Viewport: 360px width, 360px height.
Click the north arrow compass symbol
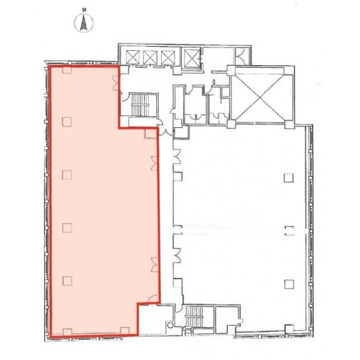[84, 22]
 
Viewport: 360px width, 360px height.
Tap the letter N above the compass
[85, 10]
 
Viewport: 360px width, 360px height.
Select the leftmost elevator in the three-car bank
[133, 57]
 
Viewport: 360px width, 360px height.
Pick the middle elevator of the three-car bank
[150, 57]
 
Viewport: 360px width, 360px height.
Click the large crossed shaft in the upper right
[262, 97]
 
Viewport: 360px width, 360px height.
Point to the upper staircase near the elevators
[140, 105]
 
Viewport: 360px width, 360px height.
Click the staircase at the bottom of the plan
[194, 317]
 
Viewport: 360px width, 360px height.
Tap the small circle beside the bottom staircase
[170, 325]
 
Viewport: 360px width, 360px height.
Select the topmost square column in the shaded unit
[67, 70]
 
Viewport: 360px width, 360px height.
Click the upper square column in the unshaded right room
[289, 178]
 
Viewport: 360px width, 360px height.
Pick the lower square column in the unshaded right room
[289, 284]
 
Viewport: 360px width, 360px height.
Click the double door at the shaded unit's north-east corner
[115, 83]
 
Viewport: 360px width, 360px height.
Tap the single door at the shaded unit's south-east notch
[153, 299]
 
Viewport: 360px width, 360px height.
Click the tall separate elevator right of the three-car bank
[191, 57]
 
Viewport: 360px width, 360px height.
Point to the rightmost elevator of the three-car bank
[168, 57]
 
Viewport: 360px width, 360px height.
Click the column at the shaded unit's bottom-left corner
[67, 332]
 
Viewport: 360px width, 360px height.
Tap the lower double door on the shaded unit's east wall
[154, 265]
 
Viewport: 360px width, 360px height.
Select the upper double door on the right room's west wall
[177, 156]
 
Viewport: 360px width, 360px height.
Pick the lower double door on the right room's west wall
[177, 255]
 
